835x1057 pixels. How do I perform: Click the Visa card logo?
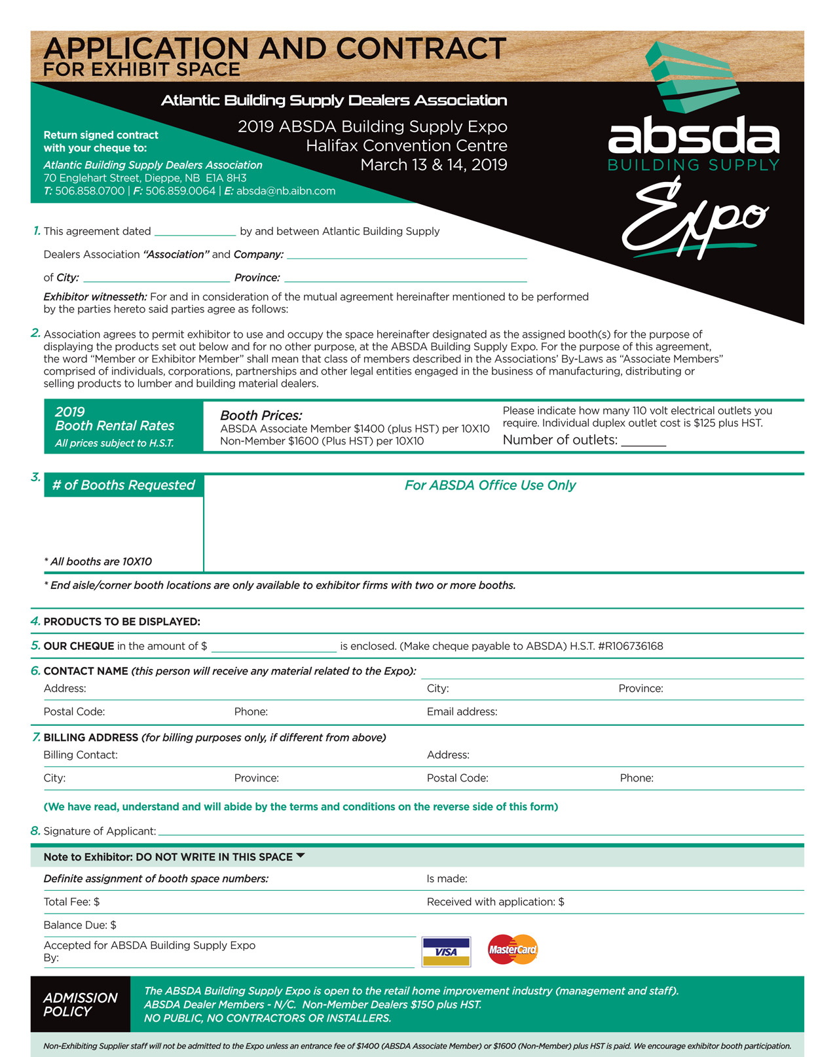click(x=446, y=952)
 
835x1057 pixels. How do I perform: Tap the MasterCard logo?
click(x=512, y=949)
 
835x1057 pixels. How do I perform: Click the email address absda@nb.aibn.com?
click(x=286, y=191)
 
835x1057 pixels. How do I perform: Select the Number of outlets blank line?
click(x=643, y=441)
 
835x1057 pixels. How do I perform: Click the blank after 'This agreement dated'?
click(x=195, y=231)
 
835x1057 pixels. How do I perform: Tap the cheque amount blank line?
click(x=274, y=647)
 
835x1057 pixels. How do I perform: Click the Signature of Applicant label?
click(x=100, y=831)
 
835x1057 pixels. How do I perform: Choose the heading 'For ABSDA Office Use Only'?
click(x=490, y=485)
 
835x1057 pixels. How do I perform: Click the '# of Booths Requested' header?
click(x=124, y=485)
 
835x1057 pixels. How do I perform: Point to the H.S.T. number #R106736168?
click(x=630, y=646)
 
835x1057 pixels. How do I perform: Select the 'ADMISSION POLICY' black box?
click(x=80, y=1004)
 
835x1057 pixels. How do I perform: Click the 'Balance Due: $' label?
click(x=80, y=925)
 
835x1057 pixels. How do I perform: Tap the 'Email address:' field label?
click(x=462, y=711)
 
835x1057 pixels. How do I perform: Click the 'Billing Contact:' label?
click(x=81, y=755)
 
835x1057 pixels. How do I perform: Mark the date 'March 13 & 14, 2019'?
click(x=434, y=164)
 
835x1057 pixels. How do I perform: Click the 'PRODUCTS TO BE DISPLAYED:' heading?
click(x=122, y=621)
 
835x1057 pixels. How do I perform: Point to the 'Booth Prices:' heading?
click(x=261, y=415)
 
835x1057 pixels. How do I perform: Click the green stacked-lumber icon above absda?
click(x=691, y=77)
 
